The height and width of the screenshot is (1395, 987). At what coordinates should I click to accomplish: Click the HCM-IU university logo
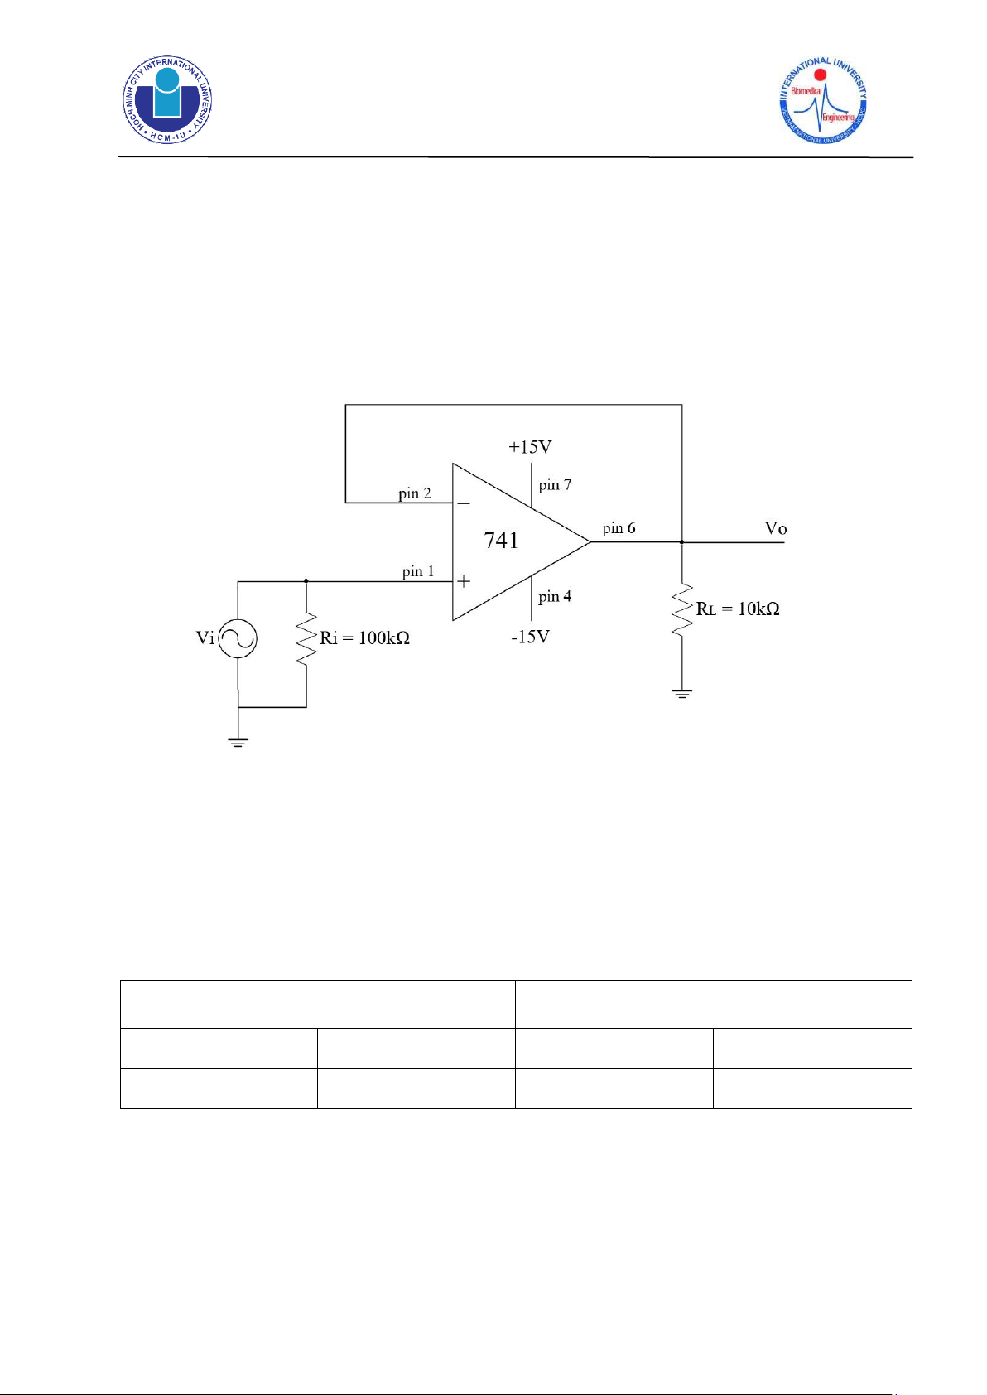click(167, 99)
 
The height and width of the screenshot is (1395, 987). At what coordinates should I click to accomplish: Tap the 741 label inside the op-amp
click(501, 540)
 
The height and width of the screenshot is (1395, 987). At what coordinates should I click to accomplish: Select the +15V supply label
click(531, 447)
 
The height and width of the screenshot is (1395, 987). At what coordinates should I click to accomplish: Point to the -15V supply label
click(531, 637)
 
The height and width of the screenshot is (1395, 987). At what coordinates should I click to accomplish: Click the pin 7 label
click(555, 484)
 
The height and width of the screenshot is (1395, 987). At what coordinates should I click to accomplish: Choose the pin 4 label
click(555, 597)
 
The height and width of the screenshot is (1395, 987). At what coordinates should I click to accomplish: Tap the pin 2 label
click(415, 493)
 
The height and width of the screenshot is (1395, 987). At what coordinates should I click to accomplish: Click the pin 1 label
click(418, 571)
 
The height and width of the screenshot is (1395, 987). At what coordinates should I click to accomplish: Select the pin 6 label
click(619, 528)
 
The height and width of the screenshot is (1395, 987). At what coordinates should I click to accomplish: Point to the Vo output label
click(775, 528)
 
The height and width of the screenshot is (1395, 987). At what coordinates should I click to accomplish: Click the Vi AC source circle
click(238, 638)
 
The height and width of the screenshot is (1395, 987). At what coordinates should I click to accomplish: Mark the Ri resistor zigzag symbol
click(306, 638)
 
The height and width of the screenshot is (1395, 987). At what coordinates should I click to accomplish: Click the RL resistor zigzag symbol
click(682, 609)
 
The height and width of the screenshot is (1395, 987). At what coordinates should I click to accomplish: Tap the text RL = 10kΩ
click(738, 609)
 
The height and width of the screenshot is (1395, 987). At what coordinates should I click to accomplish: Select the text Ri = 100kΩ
click(365, 638)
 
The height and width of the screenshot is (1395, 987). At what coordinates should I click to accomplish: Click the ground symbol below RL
click(682, 694)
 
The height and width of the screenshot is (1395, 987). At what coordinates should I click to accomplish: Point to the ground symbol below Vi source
click(238, 742)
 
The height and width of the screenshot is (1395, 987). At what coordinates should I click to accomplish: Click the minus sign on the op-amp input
click(464, 503)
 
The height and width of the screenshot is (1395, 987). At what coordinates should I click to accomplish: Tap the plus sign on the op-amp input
click(464, 582)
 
